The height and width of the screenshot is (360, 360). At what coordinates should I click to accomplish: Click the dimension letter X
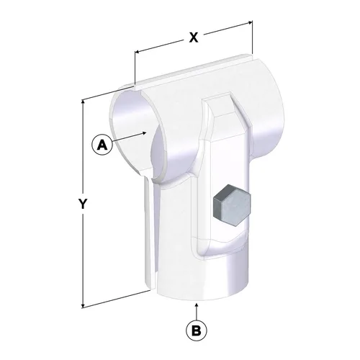(194, 37)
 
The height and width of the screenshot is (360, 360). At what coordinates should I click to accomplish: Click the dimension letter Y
(83, 204)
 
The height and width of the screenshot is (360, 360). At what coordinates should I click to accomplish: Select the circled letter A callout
(102, 145)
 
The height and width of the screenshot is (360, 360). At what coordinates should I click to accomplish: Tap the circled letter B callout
(197, 331)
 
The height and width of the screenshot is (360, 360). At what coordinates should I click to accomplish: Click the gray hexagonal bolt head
(232, 205)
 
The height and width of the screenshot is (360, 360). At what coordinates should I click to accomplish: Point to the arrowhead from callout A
(144, 132)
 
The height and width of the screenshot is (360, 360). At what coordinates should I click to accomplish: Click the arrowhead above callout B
(197, 306)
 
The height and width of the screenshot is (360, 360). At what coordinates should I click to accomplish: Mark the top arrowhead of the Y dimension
(83, 103)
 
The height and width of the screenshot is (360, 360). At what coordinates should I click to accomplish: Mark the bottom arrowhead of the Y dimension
(83, 305)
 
